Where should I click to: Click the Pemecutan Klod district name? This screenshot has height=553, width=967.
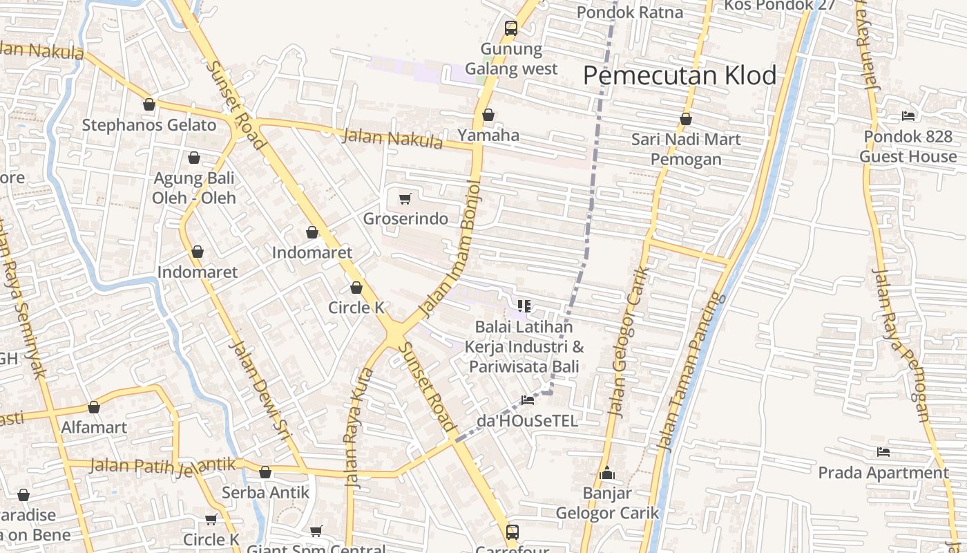[680, 75]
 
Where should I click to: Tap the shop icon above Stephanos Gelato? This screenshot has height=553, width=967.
[149, 105]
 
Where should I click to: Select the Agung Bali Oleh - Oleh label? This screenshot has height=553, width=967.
[194, 188]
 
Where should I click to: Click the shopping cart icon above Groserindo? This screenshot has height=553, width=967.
[405, 199]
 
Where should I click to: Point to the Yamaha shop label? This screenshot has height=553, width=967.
[488, 135]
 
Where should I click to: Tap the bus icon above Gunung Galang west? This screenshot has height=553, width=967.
[511, 28]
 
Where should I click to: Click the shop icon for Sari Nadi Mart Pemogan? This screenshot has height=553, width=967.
[686, 119]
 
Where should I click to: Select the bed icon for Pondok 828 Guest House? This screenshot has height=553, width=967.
[908, 116]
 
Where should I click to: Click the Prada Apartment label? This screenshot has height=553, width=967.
[883, 473]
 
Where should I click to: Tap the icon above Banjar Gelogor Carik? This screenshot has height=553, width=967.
[607, 474]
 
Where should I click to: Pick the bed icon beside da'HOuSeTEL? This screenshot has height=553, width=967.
[528, 400]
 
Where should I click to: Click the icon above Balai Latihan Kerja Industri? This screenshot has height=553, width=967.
[524, 306]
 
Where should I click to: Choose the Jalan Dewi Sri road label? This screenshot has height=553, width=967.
[259, 391]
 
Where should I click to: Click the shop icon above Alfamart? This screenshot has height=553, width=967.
[94, 407]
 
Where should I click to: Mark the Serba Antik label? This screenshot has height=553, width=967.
[265, 493]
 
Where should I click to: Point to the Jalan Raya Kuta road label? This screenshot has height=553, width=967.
[358, 429]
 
